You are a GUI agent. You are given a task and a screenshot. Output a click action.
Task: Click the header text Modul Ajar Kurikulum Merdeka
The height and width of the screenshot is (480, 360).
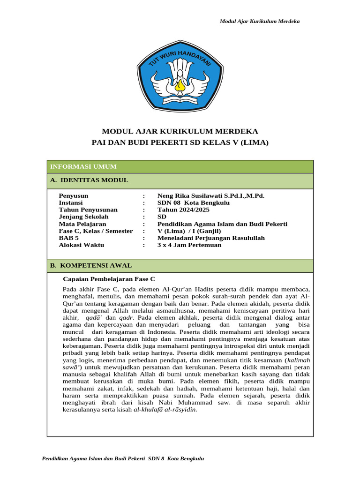click(x=260, y=22)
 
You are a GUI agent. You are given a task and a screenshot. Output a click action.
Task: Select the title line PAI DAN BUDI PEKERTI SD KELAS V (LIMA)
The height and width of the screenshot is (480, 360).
click(x=180, y=142)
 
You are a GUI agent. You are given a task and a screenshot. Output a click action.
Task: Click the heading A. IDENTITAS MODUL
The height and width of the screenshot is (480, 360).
click(x=89, y=180)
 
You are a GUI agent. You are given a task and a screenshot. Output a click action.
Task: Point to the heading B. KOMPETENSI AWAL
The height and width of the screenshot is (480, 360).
click(x=91, y=265)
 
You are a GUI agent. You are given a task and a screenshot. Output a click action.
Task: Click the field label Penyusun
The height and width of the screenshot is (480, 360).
click(x=74, y=196)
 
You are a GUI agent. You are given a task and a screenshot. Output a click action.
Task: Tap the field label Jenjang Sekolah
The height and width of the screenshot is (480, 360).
click(x=83, y=217)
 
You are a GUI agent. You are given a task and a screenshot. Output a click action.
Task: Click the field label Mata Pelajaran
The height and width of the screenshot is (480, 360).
click(x=82, y=224)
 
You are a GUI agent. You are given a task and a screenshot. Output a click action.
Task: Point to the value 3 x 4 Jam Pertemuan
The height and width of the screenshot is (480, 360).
click(x=189, y=245)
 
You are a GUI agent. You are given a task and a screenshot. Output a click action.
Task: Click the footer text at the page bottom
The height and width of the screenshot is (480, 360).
click(x=123, y=458)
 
